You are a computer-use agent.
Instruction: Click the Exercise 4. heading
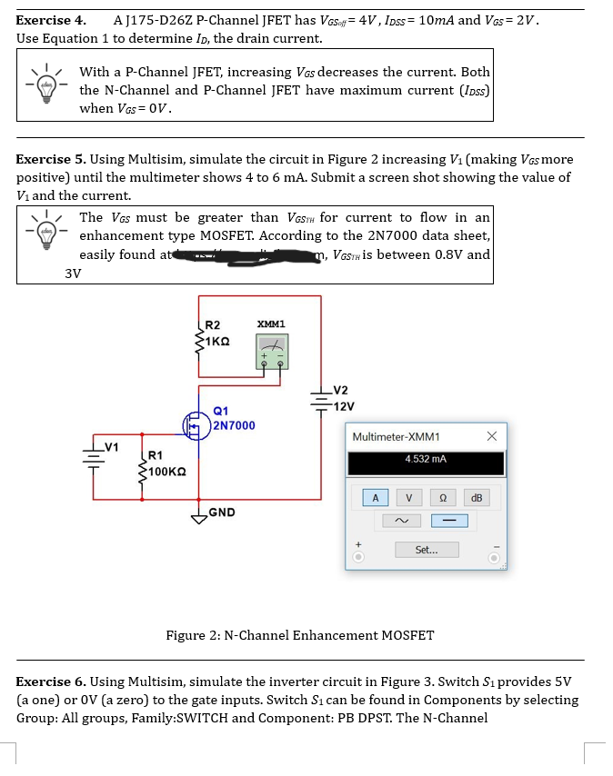point(51,19)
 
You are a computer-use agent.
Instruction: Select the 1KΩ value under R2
point(216,339)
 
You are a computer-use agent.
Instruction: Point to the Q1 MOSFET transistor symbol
point(196,423)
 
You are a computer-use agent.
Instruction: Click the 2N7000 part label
point(234,425)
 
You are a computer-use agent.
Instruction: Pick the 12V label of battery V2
point(344,405)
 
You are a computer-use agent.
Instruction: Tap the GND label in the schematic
point(223,512)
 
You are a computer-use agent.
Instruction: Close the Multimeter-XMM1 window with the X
point(491,436)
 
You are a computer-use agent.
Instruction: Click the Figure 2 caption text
point(300,635)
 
